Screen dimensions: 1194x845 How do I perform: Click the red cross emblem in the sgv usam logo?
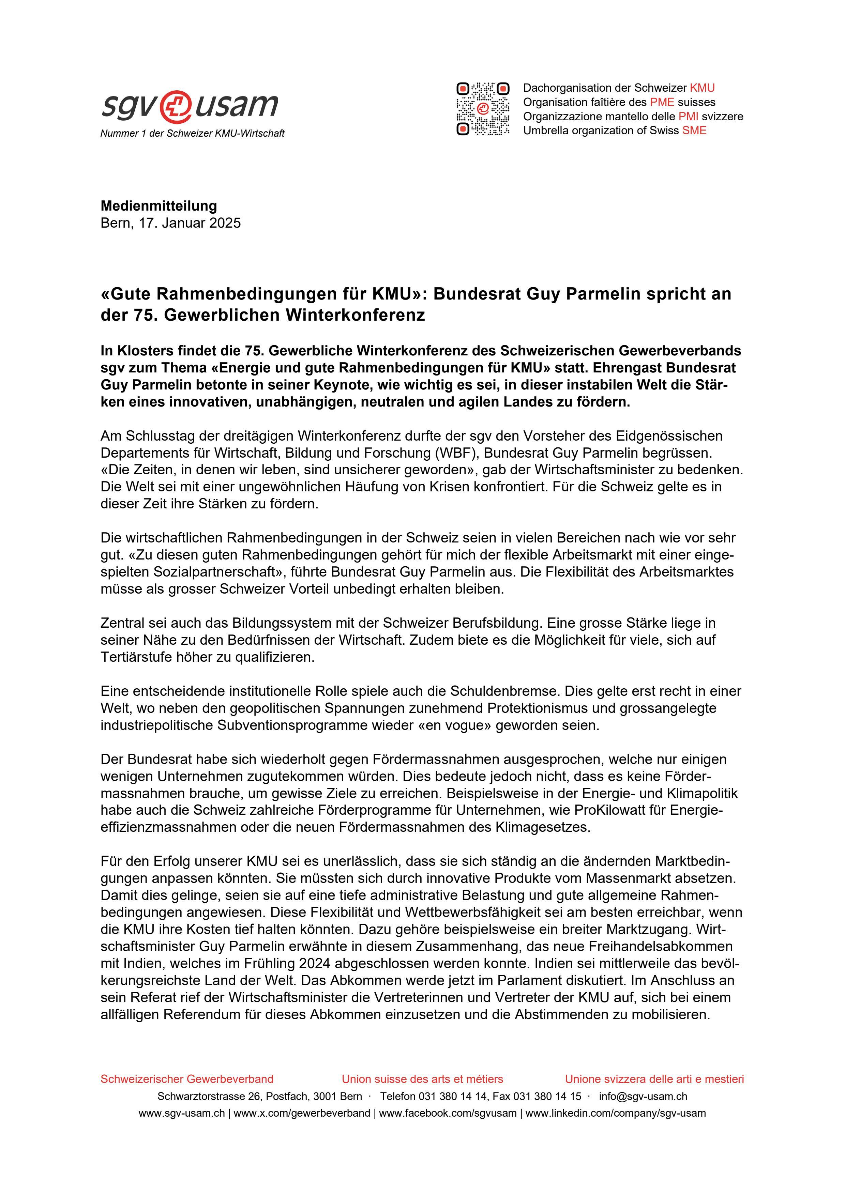(x=176, y=106)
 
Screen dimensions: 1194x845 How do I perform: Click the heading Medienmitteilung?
(x=159, y=206)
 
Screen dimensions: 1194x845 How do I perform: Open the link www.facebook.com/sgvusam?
(x=448, y=1113)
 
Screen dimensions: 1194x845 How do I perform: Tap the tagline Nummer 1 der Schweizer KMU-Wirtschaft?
(x=193, y=134)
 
